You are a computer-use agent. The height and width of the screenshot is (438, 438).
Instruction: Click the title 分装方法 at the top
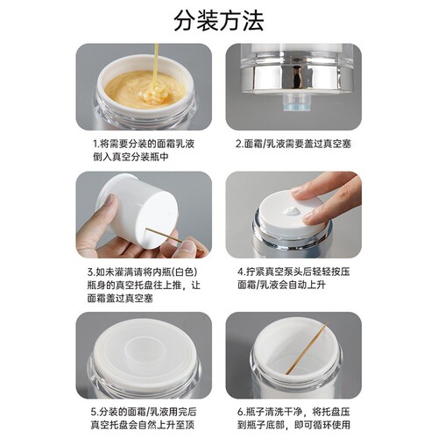(x=219, y=18)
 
